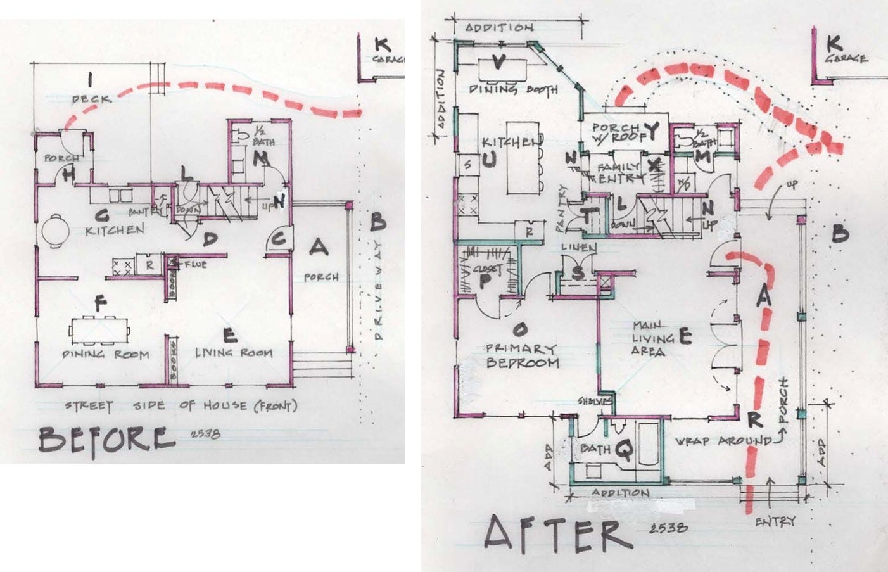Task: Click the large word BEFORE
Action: (106, 439)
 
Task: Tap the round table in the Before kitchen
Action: (54, 231)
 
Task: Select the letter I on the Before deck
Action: (91, 80)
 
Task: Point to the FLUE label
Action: (194, 264)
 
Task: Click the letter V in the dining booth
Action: (498, 63)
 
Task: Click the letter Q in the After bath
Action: (624, 450)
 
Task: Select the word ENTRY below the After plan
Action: (775, 521)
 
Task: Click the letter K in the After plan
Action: (834, 44)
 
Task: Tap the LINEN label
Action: (578, 248)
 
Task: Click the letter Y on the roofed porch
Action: (651, 131)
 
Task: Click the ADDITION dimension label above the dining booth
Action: (499, 28)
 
